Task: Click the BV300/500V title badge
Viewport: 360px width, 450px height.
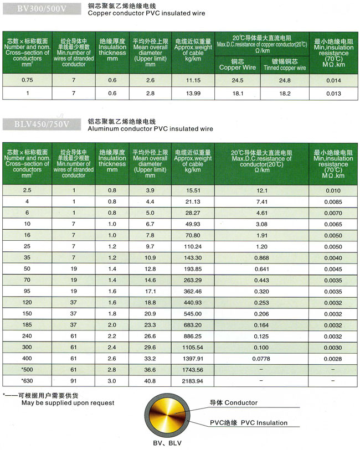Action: pos(37,7)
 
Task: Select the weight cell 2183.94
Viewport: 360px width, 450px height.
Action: pos(193,381)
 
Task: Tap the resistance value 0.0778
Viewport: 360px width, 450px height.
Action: pos(262,359)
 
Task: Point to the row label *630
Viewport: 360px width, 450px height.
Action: pos(27,381)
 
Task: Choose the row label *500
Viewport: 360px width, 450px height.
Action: pos(27,370)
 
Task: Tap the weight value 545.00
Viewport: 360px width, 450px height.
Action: pos(193,313)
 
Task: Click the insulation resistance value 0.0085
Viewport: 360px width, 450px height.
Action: pos(333,201)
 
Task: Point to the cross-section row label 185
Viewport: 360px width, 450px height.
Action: pos(27,325)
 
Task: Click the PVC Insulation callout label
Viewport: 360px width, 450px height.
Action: pos(249,423)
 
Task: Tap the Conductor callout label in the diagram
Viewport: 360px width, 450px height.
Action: pos(233,403)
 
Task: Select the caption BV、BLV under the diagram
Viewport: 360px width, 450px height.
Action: pos(167,443)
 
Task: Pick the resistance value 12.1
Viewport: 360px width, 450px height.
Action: pos(262,190)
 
